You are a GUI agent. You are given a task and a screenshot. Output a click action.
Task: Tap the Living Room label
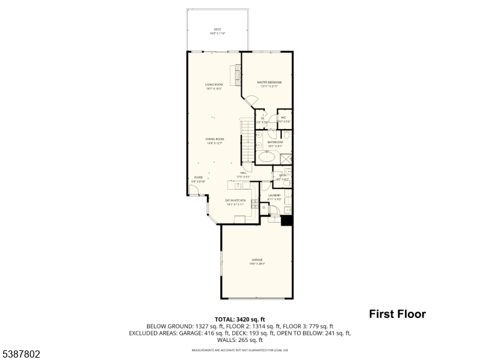click(214, 86)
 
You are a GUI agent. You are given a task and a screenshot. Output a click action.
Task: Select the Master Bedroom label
click(269, 83)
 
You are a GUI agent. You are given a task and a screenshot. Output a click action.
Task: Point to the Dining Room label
click(215, 140)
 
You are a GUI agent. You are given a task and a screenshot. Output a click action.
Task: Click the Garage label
click(257, 261)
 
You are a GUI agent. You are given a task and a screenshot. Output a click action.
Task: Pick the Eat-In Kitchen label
click(235, 202)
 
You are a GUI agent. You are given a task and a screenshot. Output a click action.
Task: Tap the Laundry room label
click(275, 197)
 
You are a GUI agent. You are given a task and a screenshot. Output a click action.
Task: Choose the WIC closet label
click(284, 119)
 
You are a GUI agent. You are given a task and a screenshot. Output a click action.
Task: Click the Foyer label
click(198, 179)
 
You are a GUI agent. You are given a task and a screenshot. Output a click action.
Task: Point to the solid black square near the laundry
click(287, 220)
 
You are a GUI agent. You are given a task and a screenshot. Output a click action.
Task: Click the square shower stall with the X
click(286, 158)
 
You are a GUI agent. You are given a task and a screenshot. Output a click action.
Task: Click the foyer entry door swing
click(194, 190)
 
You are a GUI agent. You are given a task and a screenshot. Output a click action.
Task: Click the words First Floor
click(397, 314)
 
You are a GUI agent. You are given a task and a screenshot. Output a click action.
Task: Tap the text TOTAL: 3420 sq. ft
click(239, 319)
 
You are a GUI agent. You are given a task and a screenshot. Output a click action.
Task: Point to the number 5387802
click(20, 355)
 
